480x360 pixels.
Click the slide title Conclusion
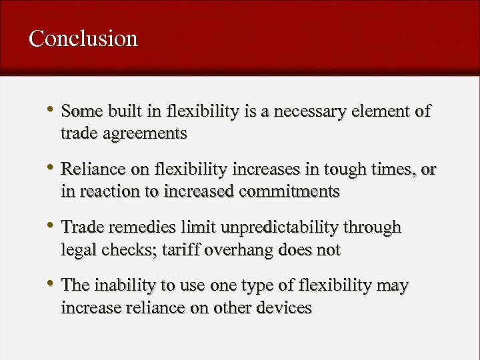(83, 38)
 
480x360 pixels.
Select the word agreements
(145, 133)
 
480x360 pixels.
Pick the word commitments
(289, 192)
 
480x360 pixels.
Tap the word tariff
(180, 250)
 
